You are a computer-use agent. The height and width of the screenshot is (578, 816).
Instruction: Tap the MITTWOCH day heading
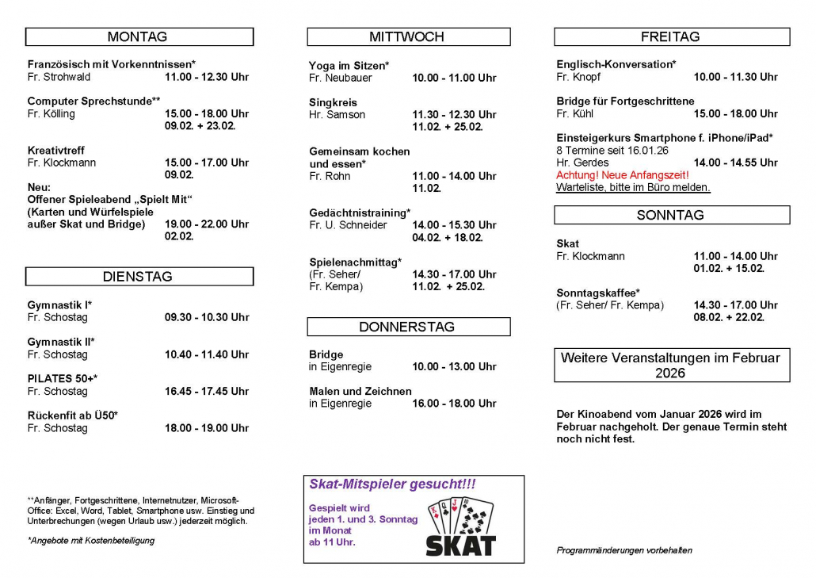tap(407, 36)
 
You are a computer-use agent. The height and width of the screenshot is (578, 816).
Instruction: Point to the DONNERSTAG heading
tap(407, 327)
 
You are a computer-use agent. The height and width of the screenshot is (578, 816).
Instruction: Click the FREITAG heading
tap(670, 36)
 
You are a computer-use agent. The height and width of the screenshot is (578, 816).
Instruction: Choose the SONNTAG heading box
tap(670, 215)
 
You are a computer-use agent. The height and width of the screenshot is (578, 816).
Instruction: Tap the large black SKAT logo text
tap(460, 545)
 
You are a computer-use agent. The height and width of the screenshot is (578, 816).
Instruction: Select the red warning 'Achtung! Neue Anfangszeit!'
tap(623, 175)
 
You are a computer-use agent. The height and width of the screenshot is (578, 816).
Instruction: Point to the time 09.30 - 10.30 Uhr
tap(207, 317)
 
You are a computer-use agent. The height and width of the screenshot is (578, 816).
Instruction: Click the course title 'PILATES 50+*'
tap(63, 379)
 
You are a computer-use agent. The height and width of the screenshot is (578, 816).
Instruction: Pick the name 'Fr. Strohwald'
tap(59, 77)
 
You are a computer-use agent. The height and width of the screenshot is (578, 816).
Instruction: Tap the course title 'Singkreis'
tap(333, 102)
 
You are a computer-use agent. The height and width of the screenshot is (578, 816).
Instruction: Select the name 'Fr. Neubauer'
tap(341, 78)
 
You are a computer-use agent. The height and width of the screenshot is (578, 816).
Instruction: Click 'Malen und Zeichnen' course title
tap(360, 391)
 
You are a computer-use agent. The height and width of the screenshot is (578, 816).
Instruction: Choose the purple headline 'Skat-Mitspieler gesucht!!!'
tap(392, 484)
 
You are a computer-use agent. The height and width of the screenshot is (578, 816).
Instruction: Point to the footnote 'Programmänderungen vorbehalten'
tap(624, 550)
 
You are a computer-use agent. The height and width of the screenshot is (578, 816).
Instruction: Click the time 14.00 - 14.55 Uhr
tap(736, 163)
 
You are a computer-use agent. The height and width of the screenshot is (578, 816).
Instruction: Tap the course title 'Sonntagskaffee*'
tap(598, 293)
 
